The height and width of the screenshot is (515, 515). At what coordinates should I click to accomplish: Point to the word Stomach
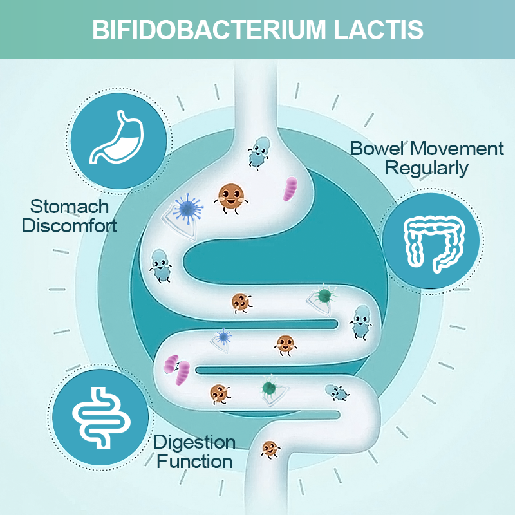coord(70,207)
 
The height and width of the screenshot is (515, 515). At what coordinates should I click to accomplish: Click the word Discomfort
coord(70,226)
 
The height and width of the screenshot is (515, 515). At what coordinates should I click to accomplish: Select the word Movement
coord(458,149)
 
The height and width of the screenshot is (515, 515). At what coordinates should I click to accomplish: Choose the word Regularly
coord(426,169)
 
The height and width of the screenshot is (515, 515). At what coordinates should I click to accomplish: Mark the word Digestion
coord(194,442)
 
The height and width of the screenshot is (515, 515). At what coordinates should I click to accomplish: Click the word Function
coord(194,461)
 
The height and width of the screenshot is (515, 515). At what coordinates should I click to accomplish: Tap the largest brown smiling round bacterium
coord(230,198)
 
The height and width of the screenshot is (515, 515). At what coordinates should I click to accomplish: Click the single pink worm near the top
coord(291,188)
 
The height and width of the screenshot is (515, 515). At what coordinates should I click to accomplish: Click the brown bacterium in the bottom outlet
coord(270,448)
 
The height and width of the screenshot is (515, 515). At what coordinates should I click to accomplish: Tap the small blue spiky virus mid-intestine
coord(223,336)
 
